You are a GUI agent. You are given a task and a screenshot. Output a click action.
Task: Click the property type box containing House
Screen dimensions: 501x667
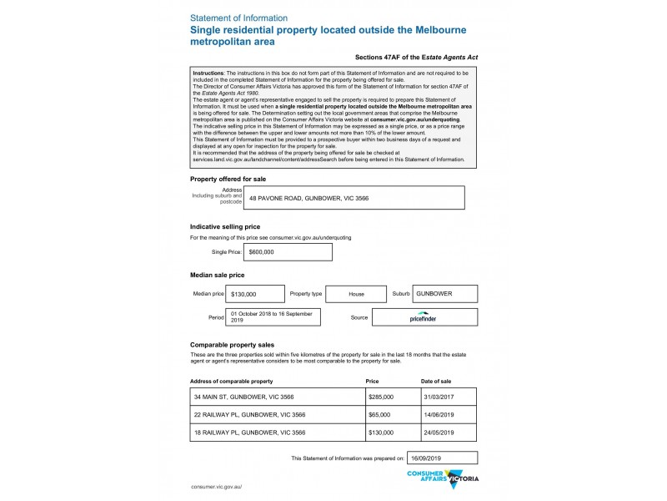coord(356,294)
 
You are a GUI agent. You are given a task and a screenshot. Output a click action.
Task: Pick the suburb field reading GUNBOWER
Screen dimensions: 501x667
coord(445,294)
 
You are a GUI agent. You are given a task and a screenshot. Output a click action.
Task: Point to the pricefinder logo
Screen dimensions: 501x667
coord(424,317)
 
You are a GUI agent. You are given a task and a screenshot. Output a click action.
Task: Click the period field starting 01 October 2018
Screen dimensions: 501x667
coord(274,317)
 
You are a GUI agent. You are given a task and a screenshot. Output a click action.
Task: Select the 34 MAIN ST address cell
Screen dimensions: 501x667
coord(278,397)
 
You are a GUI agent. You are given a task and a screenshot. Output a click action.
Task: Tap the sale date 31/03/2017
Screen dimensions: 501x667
coord(449,397)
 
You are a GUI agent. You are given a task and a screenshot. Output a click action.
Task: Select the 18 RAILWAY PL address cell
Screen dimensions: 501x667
coord(278,433)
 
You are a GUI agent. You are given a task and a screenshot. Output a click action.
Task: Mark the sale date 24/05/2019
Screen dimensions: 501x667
coord(449,433)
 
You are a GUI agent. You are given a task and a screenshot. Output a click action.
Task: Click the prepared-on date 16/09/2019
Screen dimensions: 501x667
coord(441,458)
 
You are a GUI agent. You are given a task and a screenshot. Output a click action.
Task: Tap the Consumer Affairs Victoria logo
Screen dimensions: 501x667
coord(443,478)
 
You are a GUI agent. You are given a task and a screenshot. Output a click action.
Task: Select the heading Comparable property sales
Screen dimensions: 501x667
coord(233,345)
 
